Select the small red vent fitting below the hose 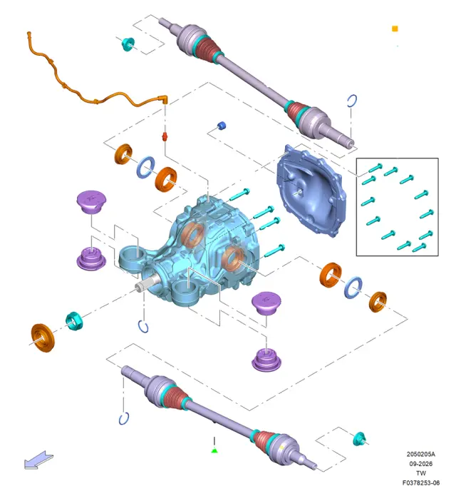point(165,136)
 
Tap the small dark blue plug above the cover point(222,126)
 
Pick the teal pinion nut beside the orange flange point(74,320)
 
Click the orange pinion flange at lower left point(43,338)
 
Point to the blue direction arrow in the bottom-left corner point(38,460)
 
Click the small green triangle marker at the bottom point(214,450)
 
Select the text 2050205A point(420,454)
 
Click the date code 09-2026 point(420,464)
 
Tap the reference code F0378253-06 point(420,482)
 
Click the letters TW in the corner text point(420,473)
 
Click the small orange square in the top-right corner point(395,29)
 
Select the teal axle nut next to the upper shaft point(128,44)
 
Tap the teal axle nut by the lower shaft point(359,439)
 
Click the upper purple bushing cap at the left point(91,202)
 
